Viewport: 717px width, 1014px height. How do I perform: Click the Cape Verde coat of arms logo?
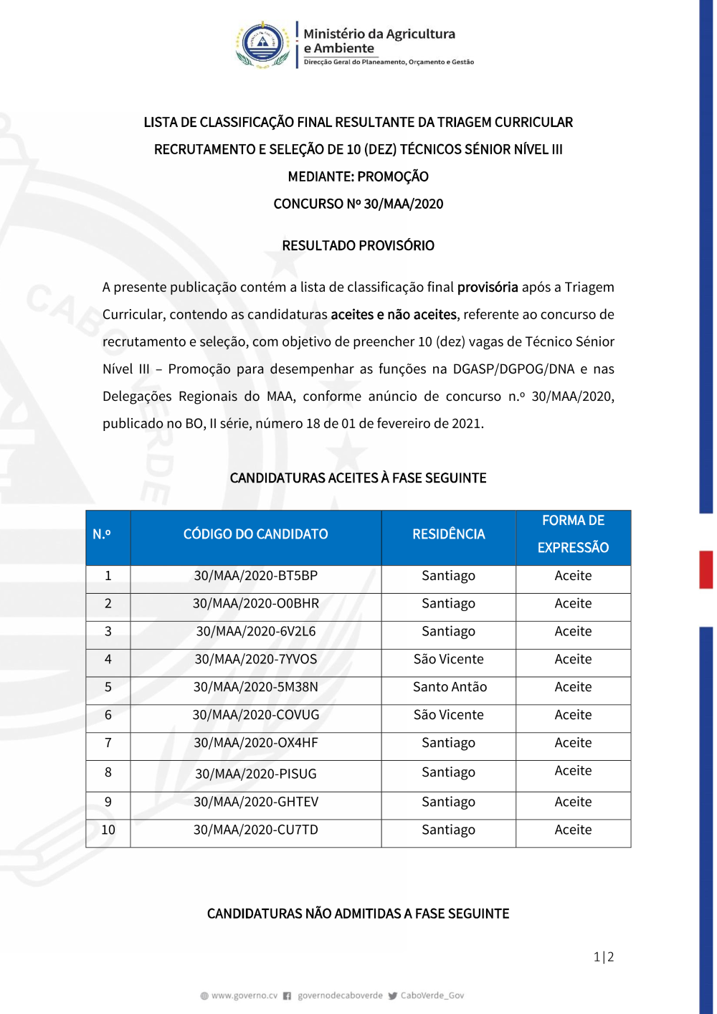point(263,44)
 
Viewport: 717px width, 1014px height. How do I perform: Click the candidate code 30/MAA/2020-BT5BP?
point(255,576)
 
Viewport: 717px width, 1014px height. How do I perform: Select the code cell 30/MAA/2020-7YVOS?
point(255,659)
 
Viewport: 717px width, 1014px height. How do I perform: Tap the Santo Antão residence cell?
point(450,687)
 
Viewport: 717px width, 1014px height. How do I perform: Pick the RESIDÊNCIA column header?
point(448,534)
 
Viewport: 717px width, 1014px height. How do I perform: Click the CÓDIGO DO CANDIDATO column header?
point(255,534)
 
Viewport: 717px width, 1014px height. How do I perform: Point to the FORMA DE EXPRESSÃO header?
point(573,534)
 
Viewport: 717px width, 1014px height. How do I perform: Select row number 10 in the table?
point(108,830)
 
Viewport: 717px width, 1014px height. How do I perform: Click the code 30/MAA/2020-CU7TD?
point(255,830)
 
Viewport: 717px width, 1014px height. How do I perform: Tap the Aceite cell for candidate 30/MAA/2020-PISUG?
point(573,771)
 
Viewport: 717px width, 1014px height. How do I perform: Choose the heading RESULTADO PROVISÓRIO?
point(358,246)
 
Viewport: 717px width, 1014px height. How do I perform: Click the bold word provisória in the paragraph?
point(488,288)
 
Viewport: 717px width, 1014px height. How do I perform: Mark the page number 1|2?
point(604,957)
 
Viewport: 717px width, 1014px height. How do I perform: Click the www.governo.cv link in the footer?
point(244,995)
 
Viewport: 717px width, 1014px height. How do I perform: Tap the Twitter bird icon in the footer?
point(392,996)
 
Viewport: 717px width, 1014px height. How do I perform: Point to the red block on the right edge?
point(706,569)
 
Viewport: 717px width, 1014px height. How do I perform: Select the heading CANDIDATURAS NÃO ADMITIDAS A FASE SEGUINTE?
point(358,914)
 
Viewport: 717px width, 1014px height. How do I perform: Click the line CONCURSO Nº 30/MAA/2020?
point(358,204)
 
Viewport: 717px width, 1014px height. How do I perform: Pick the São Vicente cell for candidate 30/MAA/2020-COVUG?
point(448,715)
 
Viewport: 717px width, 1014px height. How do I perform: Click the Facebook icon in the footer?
point(287,996)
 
